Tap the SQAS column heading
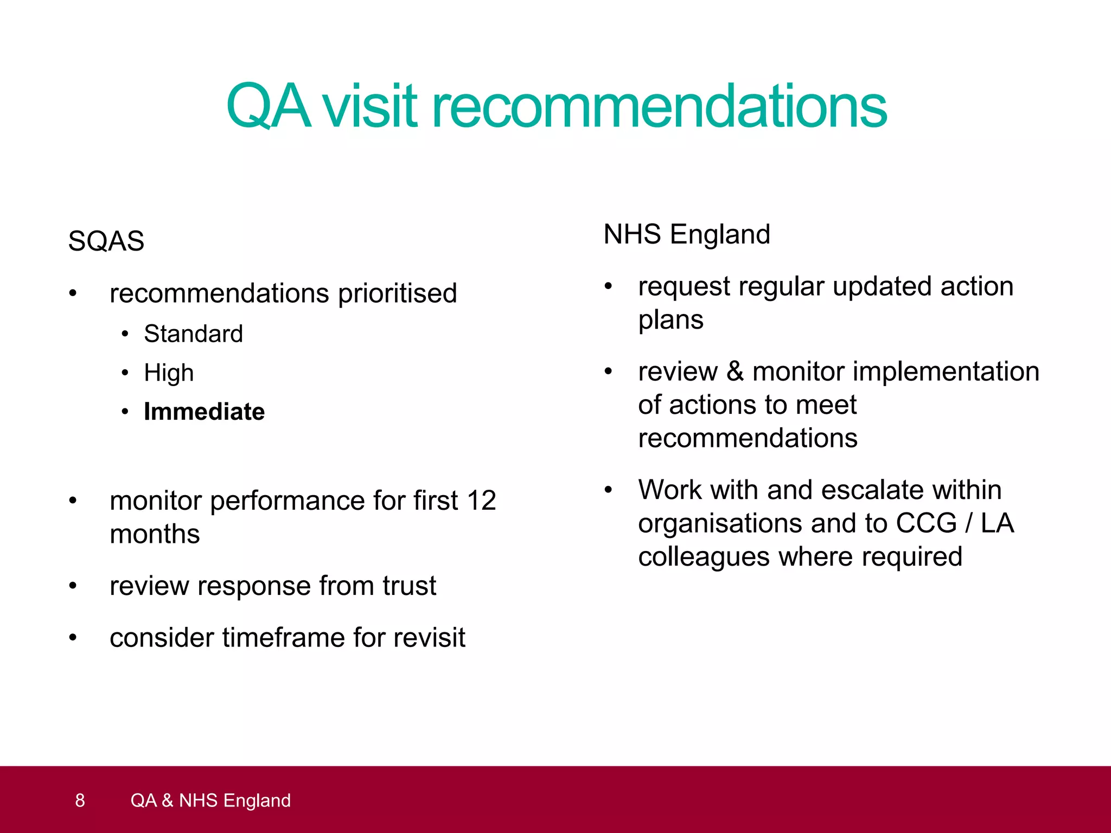tap(106, 241)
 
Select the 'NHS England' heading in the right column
tap(687, 234)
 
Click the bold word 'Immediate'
tap(204, 412)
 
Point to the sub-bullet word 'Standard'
tap(193, 334)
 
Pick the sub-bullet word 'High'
tap(169, 373)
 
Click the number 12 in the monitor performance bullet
tap(481, 500)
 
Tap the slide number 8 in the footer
tap(80, 800)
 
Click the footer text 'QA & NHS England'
tap(210, 800)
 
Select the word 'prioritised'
tap(398, 293)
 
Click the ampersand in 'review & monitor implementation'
tap(735, 371)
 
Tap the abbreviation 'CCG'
tap(926, 523)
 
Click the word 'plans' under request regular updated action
tap(671, 320)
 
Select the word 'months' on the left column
tap(155, 534)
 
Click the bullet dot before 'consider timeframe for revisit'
tap(73, 638)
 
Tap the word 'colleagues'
tap(704, 557)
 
